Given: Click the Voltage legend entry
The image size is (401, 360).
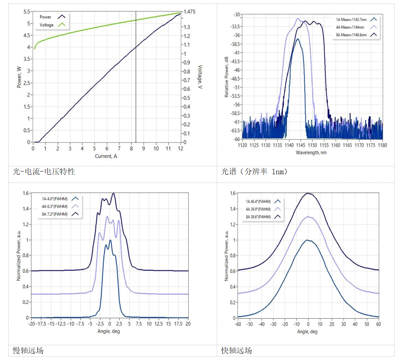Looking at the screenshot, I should pos(47,25).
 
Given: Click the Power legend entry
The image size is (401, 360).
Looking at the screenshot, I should pos(45,17).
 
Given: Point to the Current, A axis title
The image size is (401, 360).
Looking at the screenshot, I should pos(106,156).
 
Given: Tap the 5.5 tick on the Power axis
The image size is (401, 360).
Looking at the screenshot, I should pos(27,12).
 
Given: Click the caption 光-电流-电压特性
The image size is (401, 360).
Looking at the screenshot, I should pos(44,172).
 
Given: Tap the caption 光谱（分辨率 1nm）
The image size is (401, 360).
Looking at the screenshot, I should pos(254,172).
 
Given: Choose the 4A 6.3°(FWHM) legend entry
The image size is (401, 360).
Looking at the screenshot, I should pos(55,206).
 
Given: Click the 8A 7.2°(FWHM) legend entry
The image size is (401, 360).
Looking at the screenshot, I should pos(55,214).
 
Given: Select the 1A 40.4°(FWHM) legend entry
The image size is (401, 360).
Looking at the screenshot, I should pos(258,201).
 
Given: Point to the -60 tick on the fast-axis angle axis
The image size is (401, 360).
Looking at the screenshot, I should pos(238,324).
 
